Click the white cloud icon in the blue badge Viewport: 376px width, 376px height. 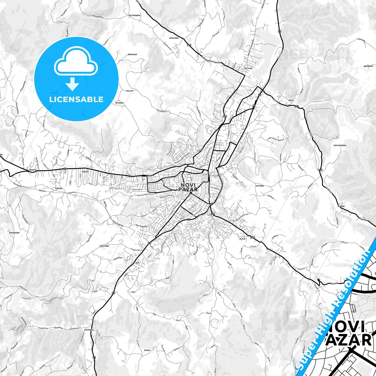tap(76, 64)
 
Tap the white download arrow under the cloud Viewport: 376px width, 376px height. tap(72, 84)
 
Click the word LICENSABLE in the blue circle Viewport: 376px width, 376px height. tap(76, 99)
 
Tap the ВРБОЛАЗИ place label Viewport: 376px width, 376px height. tap(132, 54)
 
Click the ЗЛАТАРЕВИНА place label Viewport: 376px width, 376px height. tap(340, 145)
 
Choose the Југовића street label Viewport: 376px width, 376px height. tap(215, 188)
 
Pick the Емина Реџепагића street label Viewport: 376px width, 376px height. tap(175, 205)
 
